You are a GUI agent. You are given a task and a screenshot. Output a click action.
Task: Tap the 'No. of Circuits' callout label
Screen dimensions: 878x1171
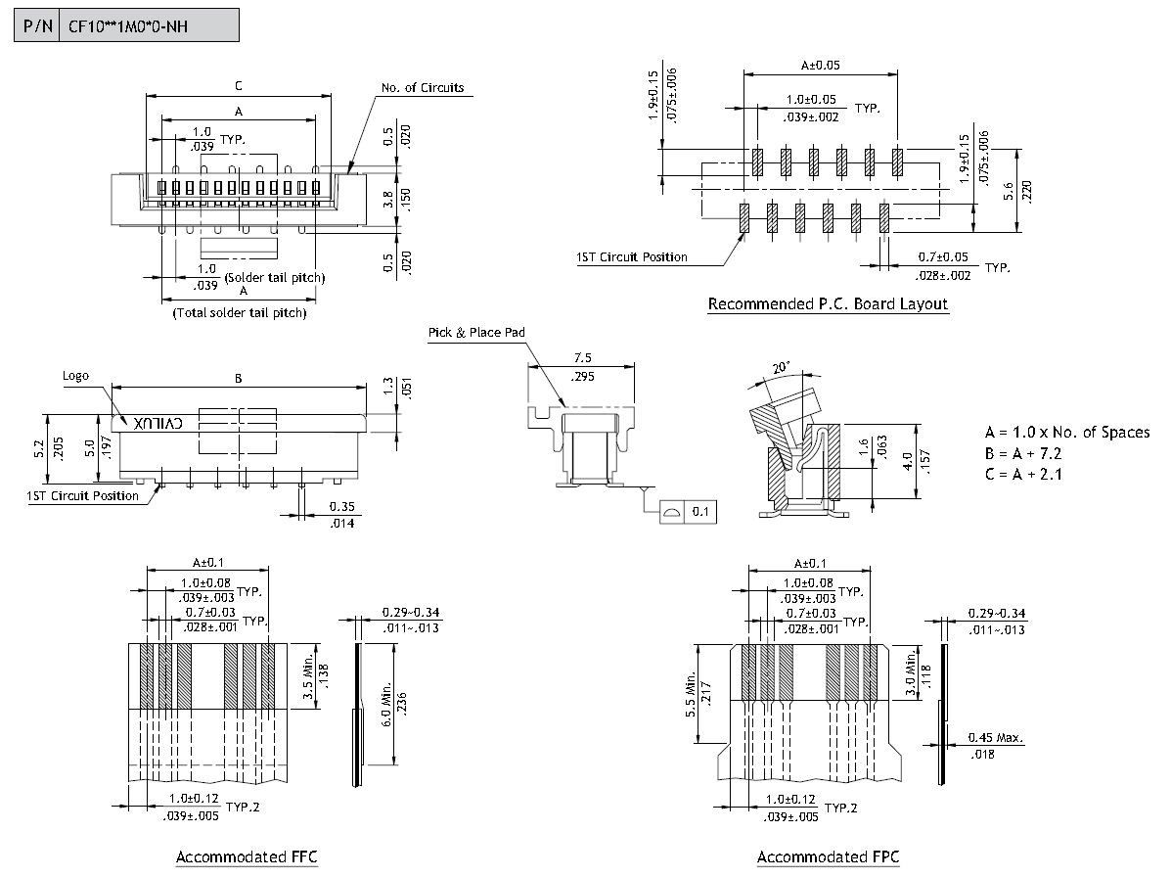coord(422,88)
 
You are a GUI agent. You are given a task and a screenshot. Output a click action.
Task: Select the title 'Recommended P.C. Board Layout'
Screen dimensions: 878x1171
coord(828,304)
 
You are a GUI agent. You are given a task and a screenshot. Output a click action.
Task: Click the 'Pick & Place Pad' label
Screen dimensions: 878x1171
coord(476,333)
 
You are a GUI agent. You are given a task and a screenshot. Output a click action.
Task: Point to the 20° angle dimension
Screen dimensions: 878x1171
coord(780,368)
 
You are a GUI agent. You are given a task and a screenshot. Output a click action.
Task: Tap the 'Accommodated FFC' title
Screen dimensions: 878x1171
coord(247,857)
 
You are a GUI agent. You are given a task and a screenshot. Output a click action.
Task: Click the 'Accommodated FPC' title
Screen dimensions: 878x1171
coord(828,857)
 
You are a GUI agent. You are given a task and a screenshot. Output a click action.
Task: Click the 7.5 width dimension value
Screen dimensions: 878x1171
coord(584,358)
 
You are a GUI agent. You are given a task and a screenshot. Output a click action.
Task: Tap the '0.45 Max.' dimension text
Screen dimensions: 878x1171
coord(996,738)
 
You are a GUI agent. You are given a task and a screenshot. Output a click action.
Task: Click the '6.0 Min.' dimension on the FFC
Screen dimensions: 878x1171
coord(386,706)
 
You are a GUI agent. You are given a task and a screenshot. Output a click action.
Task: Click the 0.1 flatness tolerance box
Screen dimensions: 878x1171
coord(700,512)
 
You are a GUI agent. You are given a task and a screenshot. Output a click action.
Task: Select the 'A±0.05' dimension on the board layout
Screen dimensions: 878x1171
coord(821,66)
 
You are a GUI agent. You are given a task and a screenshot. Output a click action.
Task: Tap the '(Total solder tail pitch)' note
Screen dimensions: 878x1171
coord(240,313)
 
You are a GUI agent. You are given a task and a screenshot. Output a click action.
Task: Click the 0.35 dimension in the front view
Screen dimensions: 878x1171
coord(341,506)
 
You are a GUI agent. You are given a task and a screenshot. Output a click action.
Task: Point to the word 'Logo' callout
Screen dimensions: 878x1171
coord(75,376)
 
